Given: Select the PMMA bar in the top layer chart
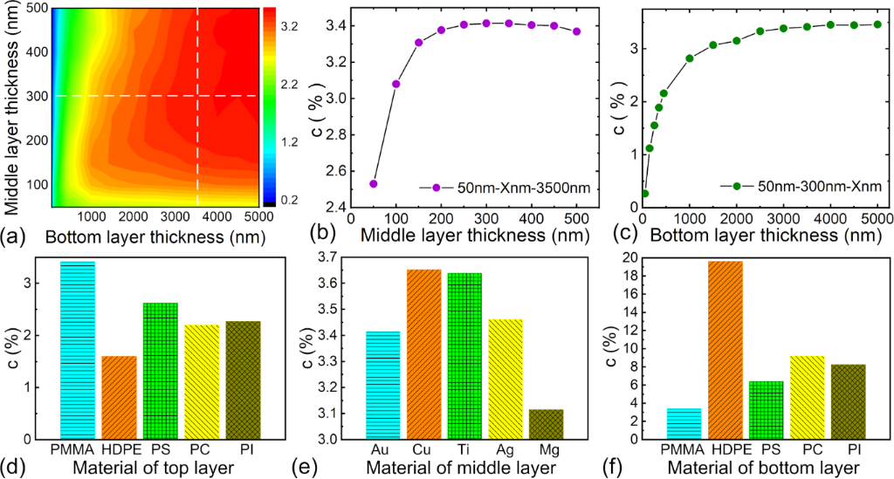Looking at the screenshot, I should tap(77, 349).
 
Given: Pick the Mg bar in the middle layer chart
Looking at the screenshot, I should tap(546, 423).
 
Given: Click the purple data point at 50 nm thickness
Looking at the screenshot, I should tap(374, 183).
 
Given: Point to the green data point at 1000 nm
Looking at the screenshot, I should tap(690, 58).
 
